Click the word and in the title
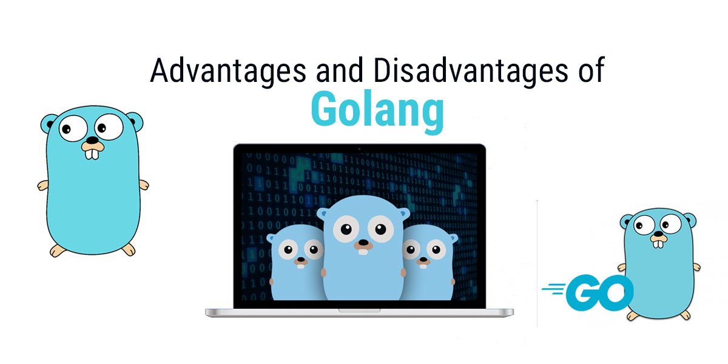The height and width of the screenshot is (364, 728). pos(339,70)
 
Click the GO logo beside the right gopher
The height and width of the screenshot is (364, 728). pos(588,292)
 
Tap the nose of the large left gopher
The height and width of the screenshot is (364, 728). pos(93,140)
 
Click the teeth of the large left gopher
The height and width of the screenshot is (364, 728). pos(92,154)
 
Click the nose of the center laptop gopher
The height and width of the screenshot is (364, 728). pos(363,243)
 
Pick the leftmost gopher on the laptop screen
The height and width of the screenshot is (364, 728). pos(296,262)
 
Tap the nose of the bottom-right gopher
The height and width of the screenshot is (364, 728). pos(658,234)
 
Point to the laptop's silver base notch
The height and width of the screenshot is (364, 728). pos(359,311)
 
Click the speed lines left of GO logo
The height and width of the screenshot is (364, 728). pos(553,289)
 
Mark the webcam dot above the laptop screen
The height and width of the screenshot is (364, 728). pos(359,149)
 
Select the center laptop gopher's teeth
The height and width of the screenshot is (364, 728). pos(363,251)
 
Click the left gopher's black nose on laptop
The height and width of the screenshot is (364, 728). pos(301,260)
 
